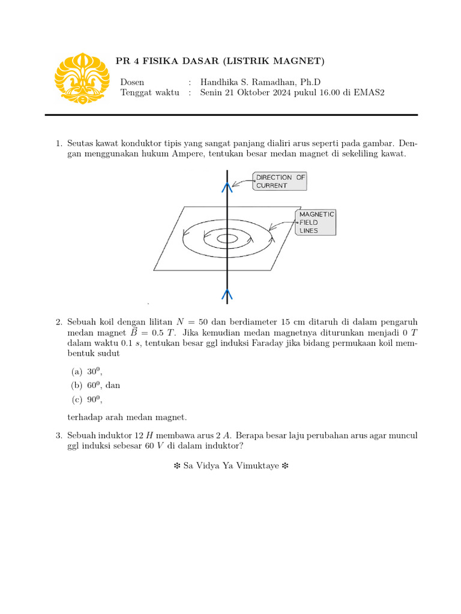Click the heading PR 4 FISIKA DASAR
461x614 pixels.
(220, 61)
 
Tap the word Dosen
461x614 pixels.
(132, 82)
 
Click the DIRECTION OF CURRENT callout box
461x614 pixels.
(279, 181)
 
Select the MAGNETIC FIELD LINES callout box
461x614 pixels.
(316, 222)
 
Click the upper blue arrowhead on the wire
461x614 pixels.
(227, 187)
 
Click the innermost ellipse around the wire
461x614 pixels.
(227, 239)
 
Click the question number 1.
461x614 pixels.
(59, 144)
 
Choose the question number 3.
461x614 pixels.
(59, 435)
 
